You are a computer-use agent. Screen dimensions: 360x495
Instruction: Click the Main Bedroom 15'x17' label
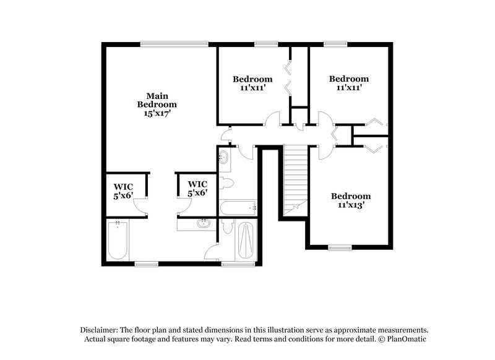[x=158, y=105]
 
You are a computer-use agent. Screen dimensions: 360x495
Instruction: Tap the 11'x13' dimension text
[x=350, y=205]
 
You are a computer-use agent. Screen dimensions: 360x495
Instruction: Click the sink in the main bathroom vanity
[x=202, y=224]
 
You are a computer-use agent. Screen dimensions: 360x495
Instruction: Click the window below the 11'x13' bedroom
[x=341, y=248]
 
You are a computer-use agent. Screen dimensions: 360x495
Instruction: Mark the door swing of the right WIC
[x=184, y=209]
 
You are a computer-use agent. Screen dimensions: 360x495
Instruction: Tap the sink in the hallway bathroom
[x=223, y=159]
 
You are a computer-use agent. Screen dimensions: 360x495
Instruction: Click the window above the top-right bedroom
[x=335, y=43]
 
